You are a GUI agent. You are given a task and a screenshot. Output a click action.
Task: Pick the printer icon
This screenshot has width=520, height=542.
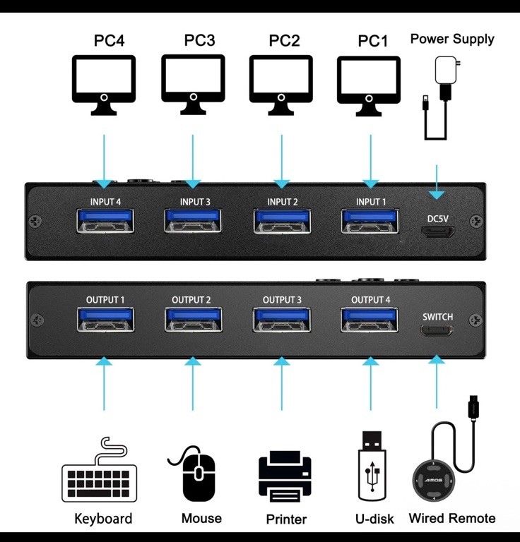[x=285, y=478]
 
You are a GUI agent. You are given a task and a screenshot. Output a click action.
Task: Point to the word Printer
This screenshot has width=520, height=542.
[x=286, y=519]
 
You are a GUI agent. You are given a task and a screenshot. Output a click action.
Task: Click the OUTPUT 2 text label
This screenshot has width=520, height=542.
[x=191, y=300]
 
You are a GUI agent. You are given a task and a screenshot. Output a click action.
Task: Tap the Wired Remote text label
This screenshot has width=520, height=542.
[x=452, y=519]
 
